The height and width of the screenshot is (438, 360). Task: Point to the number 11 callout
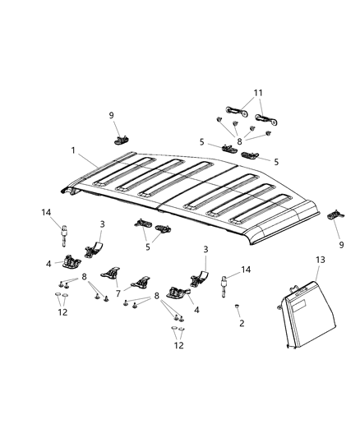click(257, 93)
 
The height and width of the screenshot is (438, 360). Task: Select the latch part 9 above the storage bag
click(334, 215)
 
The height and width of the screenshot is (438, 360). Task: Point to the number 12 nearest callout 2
click(178, 346)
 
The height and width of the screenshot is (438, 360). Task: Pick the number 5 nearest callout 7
click(147, 245)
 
